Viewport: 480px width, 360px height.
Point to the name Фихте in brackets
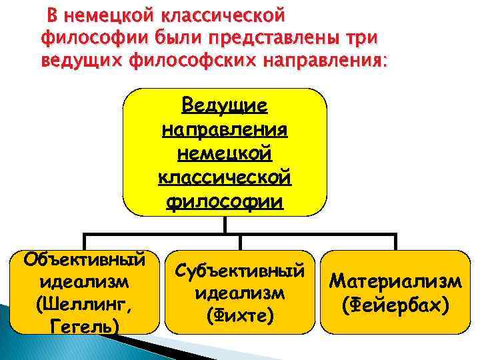(240, 313)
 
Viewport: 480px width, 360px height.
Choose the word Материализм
(395, 282)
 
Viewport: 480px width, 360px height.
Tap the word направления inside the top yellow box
(225, 129)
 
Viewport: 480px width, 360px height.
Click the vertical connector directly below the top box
(225, 225)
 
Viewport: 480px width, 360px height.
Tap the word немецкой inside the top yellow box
(225, 153)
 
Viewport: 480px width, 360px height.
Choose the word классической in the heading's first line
(223, 14)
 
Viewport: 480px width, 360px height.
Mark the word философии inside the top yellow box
(225, 201)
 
